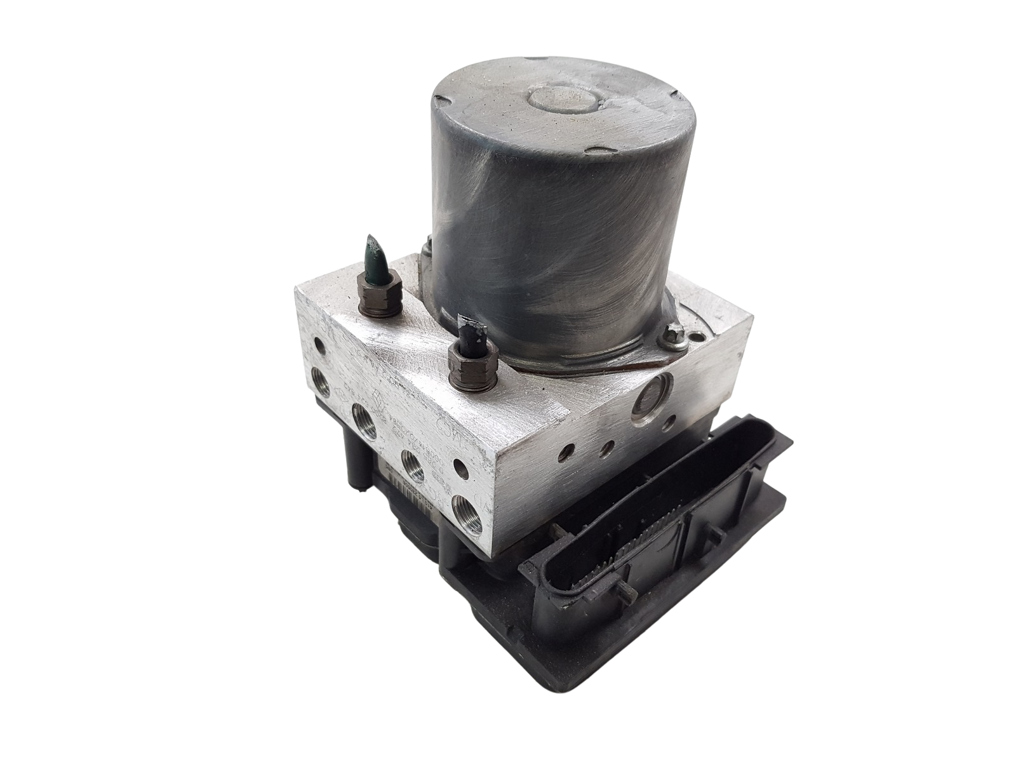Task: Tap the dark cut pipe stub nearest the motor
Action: tap(468, 342)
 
